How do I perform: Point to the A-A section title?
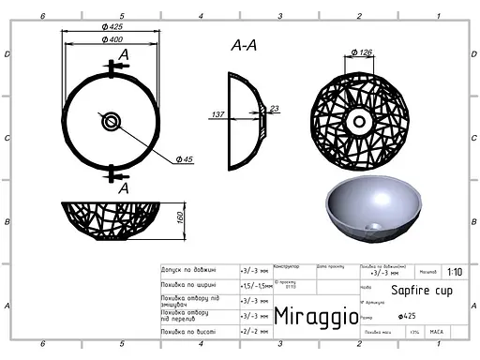coord(244,46)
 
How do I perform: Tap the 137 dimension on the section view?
coord(217,114)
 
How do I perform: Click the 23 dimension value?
coord(274,109)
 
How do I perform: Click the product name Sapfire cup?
coord(416,291)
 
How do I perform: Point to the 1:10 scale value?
coord(455,272)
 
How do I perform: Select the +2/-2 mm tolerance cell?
coord(254,332)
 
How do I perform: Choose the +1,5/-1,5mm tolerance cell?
coord(255,285)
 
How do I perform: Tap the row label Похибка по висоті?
coord(191,332)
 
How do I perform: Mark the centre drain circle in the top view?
coord(112,119)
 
